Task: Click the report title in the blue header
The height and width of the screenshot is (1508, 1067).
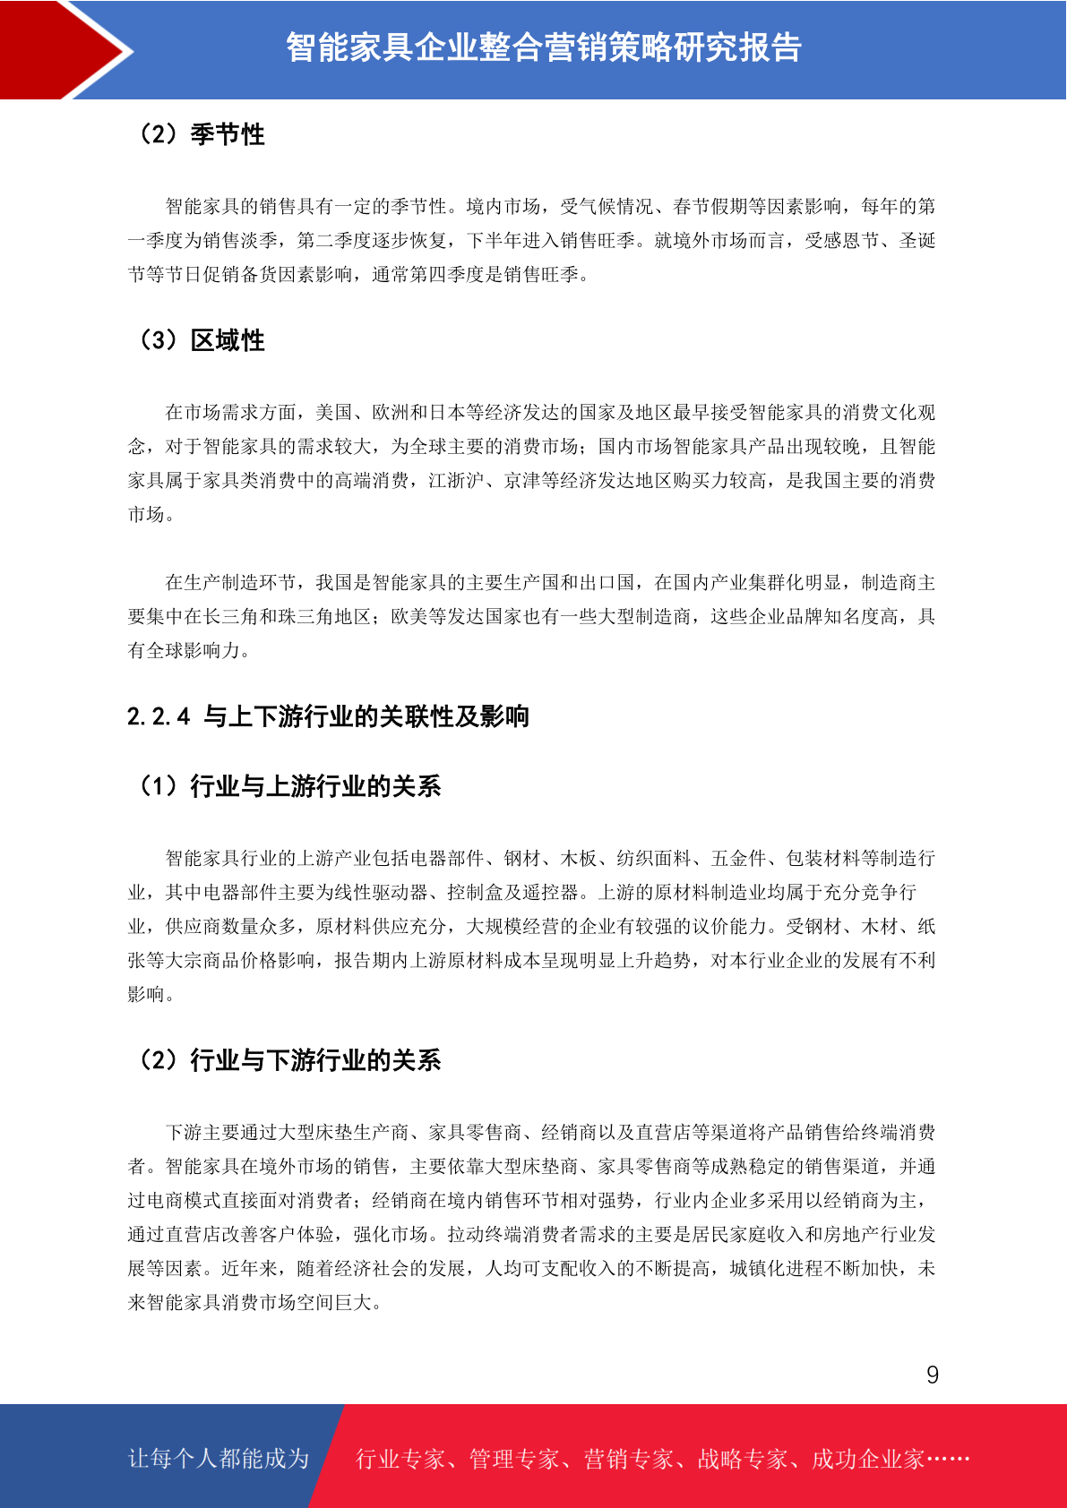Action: click(543, 47)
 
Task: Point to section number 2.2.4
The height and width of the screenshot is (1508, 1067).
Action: click(159, 716)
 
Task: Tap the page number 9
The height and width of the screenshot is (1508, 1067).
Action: click(933, 1375)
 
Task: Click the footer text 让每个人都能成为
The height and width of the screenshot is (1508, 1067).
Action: click(219, 1459)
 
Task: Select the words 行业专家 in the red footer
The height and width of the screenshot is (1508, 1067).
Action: click(400, 1460)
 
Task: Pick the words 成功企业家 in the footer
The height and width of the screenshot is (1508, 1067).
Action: click(867, 1460)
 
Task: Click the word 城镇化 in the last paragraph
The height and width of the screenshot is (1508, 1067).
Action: click(757, 1269)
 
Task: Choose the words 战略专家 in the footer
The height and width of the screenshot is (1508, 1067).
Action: click(742, 1460)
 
